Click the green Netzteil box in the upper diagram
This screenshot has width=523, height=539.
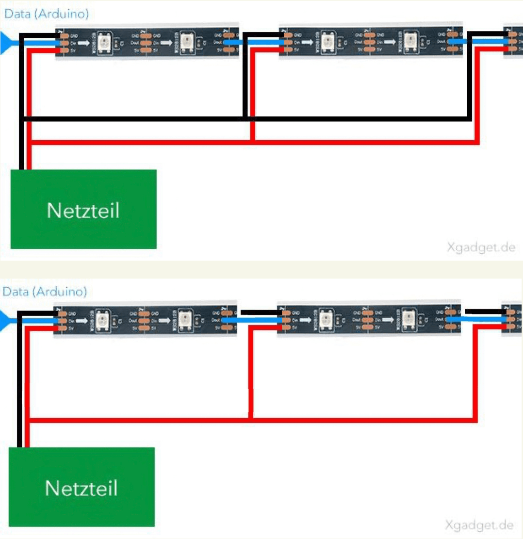(x=83, y=209)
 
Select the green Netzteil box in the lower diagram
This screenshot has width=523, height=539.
(x=82, y=487)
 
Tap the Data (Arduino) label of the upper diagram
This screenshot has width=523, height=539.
(x=47, y=14)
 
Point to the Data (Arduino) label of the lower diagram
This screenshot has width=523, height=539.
(x=45, y=292)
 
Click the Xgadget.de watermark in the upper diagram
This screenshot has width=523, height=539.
(x=481, y=248)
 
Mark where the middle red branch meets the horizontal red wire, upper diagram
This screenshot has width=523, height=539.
(x=253, y=142)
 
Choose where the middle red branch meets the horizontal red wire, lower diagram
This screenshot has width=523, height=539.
(x=251, y=419)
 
